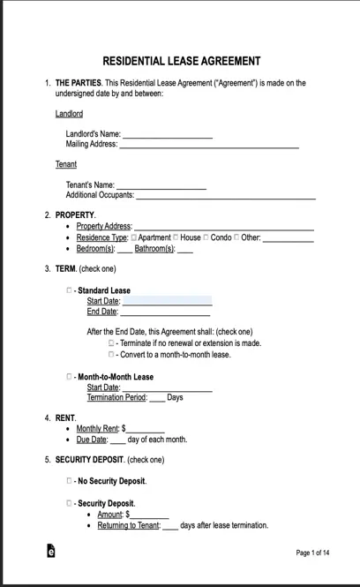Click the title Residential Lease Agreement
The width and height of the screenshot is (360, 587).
181,61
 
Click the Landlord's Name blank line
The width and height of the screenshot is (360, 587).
167,134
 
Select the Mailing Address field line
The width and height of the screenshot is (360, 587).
209,144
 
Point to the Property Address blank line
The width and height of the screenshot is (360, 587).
223,226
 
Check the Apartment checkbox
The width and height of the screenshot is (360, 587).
134,237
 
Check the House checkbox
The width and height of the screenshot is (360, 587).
176,237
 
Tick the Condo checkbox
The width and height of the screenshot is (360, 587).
206,237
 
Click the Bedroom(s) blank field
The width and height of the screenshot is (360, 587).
125,249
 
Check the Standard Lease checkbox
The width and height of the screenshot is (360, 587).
70,290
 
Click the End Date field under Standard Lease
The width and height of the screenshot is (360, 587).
165,312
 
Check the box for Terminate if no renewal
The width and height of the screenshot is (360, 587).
112,342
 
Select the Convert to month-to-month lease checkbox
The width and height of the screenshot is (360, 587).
112,354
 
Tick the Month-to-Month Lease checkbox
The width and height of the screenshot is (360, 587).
70,376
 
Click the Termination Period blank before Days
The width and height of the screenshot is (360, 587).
156,397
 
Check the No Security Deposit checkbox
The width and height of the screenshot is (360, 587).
70,481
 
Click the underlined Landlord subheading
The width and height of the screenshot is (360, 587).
69,114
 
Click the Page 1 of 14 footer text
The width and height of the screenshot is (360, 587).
312,553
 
